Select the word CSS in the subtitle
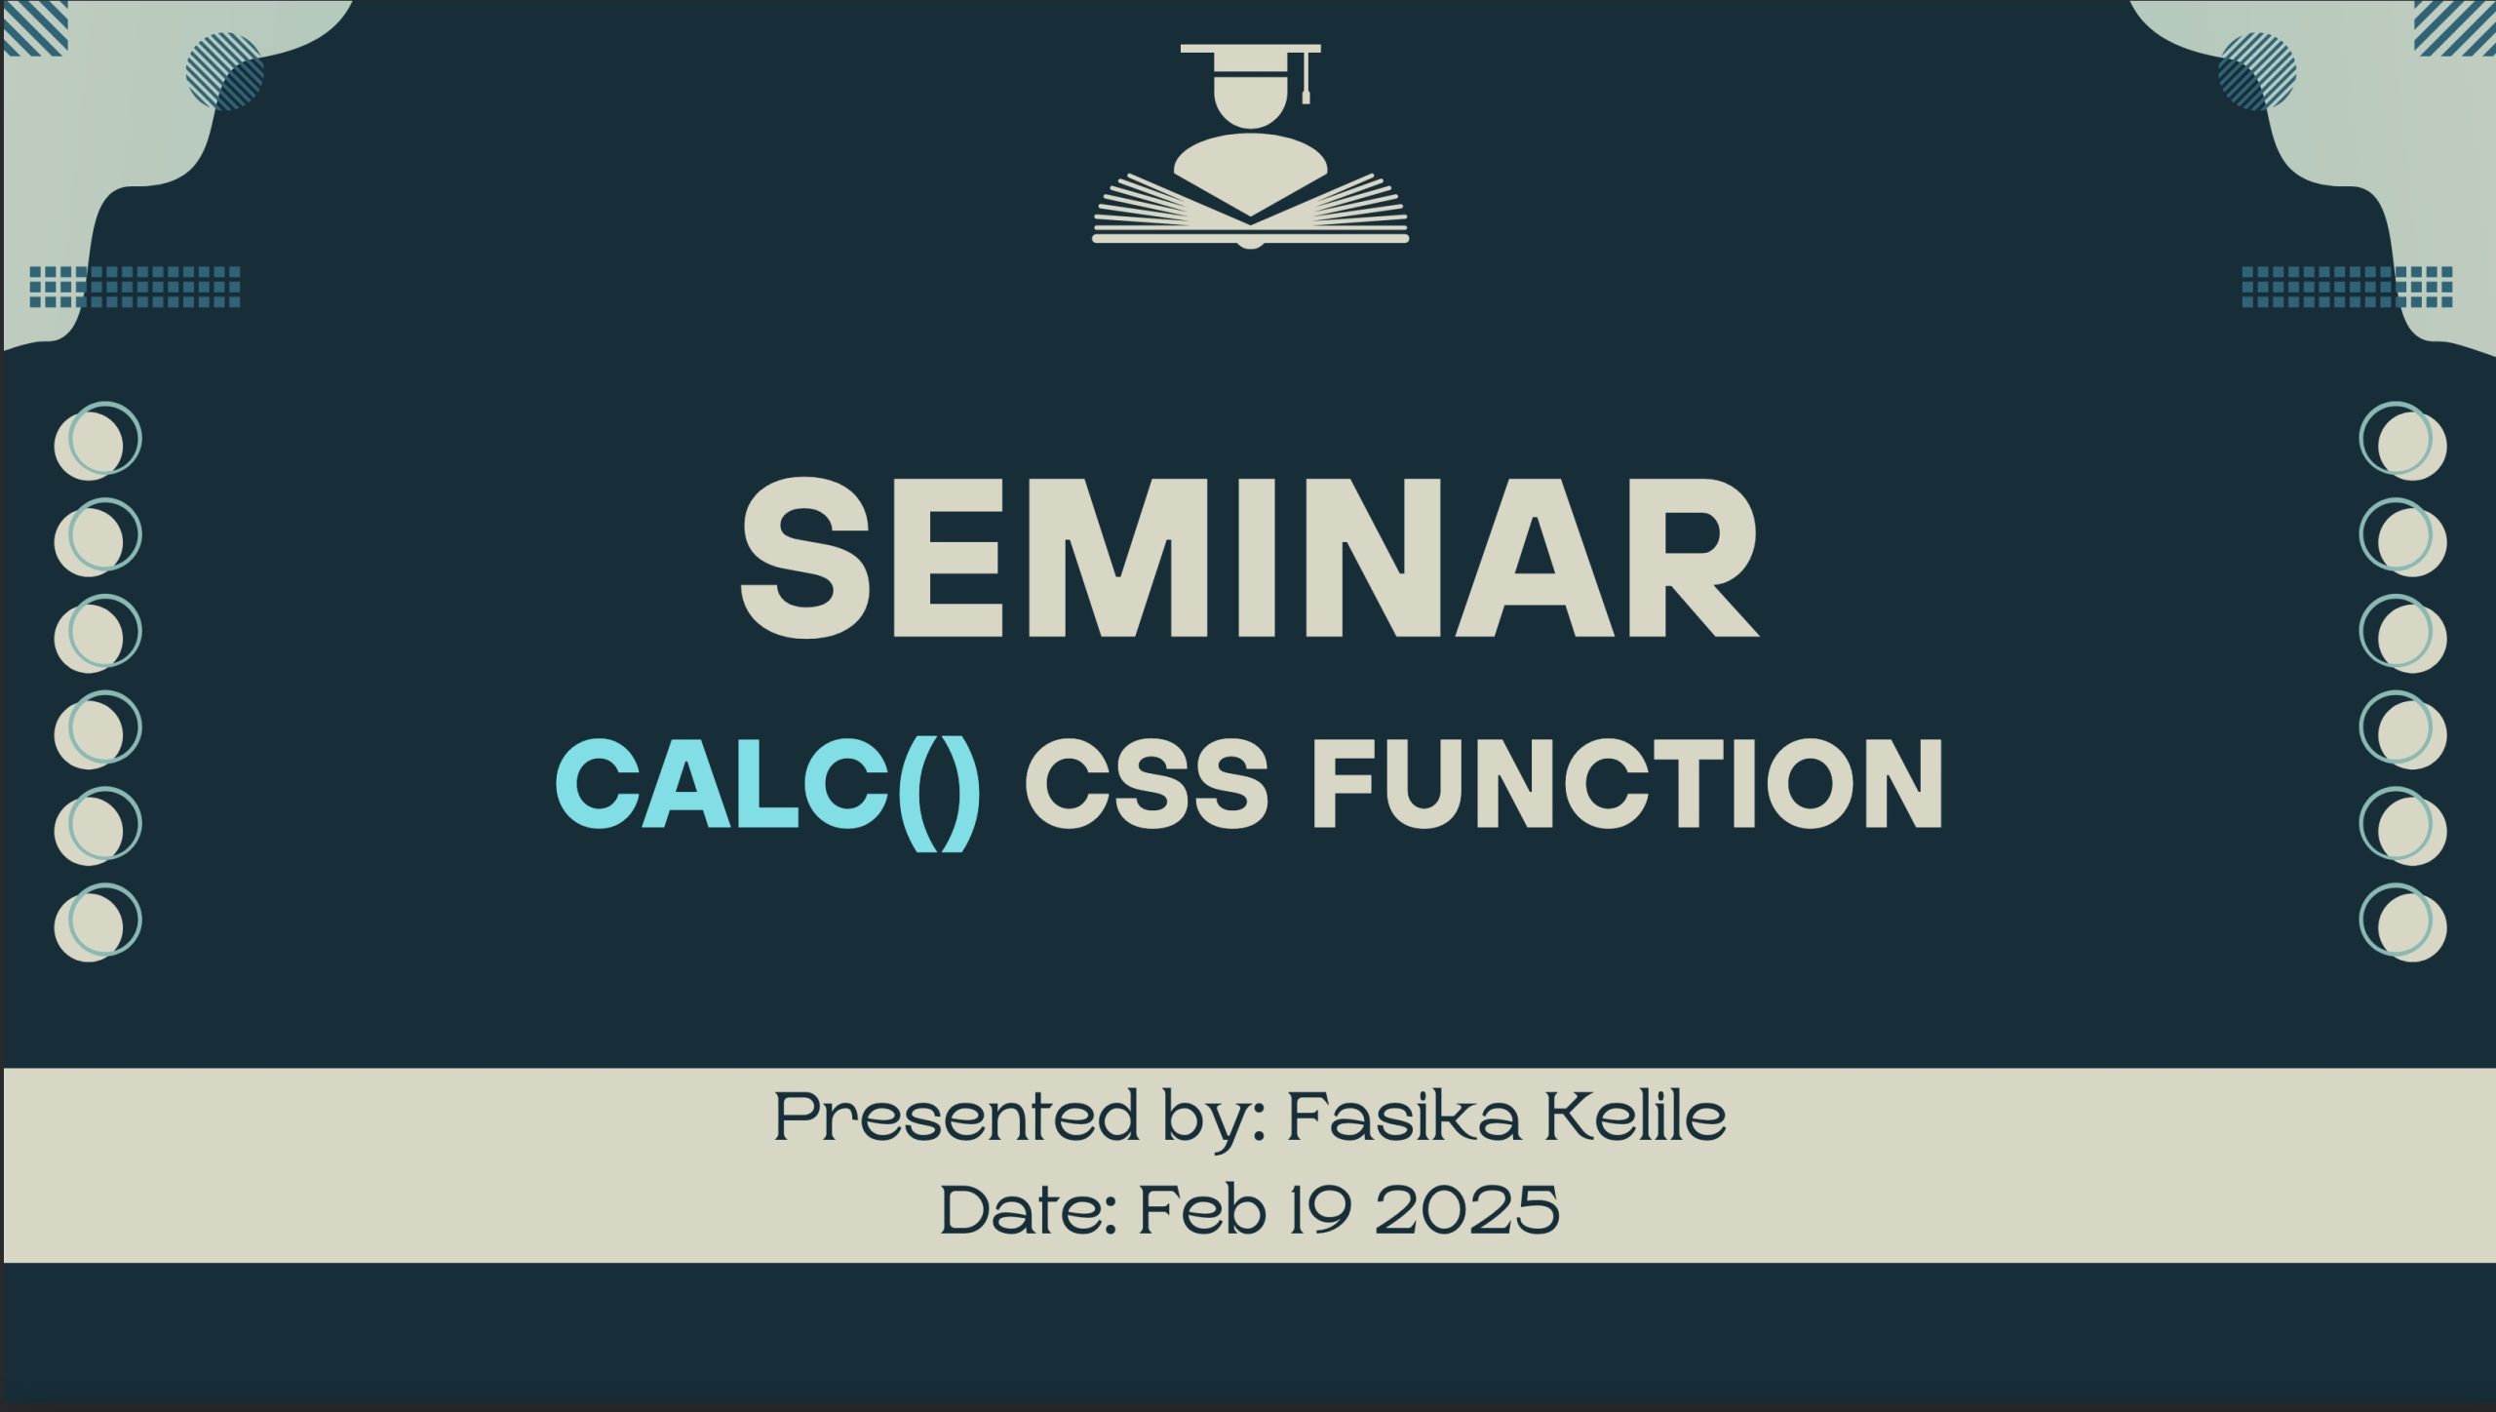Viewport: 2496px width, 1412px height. (x=1147, y=785)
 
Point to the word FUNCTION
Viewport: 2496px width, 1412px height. (x=1627, y=785)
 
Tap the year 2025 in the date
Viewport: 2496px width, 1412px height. (x=1466, y=1209)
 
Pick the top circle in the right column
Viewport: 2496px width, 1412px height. (x=2403, y=441)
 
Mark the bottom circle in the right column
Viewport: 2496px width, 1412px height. (x=2403, y=922)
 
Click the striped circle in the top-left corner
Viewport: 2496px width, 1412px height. (x=224, y=71)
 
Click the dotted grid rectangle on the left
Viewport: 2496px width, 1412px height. (x=135, y=287)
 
